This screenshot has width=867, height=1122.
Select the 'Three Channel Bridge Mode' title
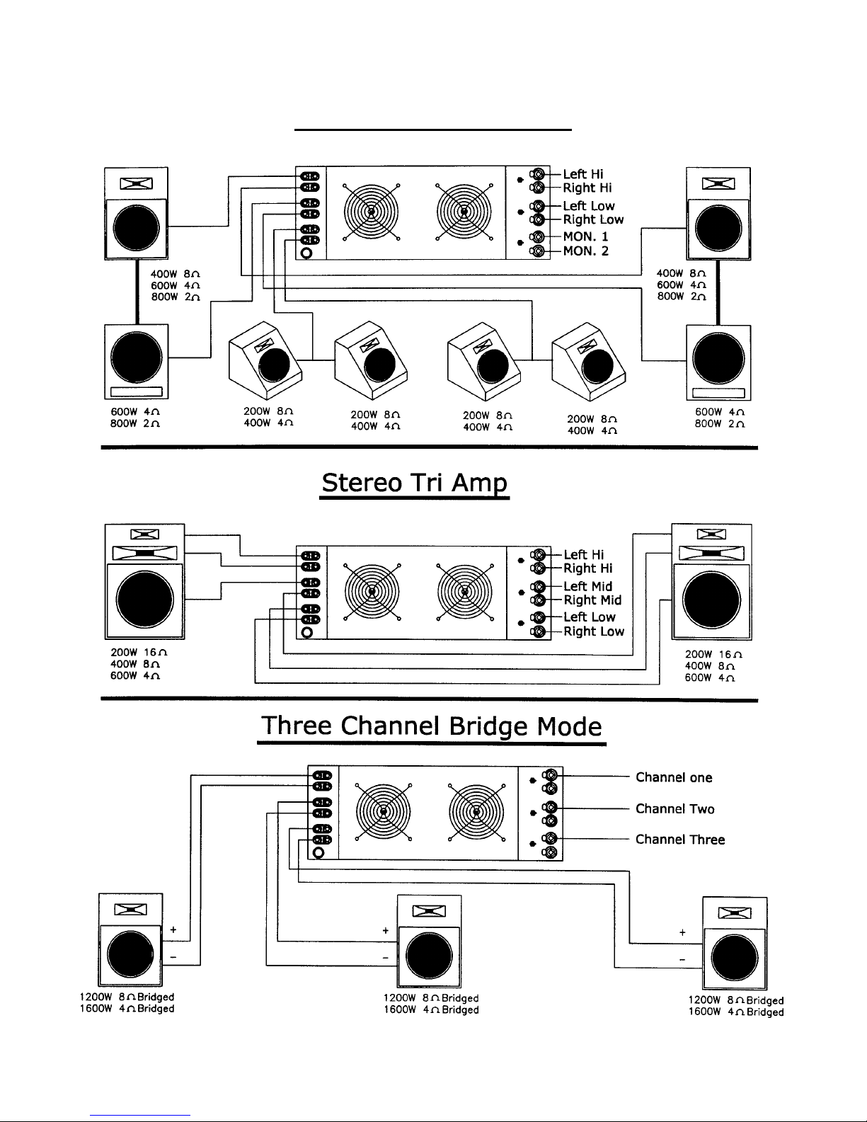(x=432, y=726)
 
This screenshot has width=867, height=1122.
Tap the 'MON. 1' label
(x=585, y=236)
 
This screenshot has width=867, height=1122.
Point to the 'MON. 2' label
(x=585, y=251)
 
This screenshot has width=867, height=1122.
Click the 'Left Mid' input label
(x=587, y=586)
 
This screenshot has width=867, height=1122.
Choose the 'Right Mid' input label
(x=592, y=600)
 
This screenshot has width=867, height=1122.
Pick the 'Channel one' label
(x=673, y=777)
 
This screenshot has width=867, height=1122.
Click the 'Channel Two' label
(x=674, y=808)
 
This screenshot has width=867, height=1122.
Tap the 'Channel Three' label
(x=679, y=840)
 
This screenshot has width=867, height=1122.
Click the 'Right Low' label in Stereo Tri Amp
(x=593, y=631)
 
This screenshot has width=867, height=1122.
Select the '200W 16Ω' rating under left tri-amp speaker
(x=139, y=653)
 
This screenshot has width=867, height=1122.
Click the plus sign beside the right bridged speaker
(x=682, y=933)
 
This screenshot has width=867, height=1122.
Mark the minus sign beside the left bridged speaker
(x=173, y=956)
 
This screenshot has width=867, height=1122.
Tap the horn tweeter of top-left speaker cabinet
(x=136, y=184)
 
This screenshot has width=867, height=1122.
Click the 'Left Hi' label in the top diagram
(x=582, y=174)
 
